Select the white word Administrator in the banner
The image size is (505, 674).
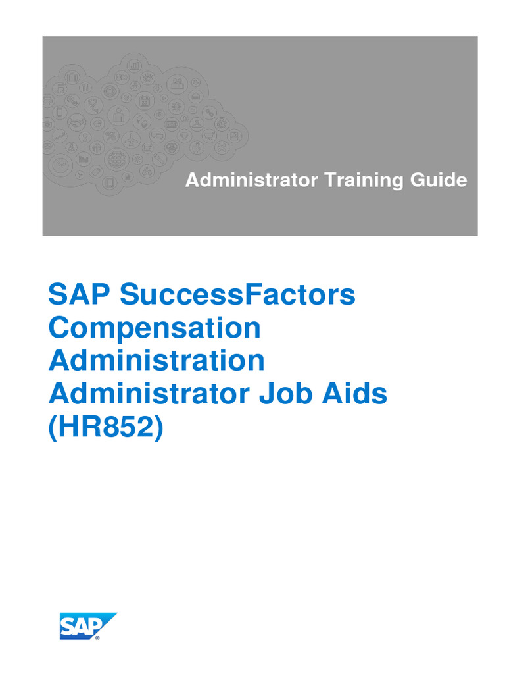point(252,180)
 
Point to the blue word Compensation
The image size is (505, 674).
point(155,327)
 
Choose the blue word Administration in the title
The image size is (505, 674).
point(156,360)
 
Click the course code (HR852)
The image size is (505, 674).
point(105,426)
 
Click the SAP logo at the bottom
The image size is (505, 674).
point(88,626)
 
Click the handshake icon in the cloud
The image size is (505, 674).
point(77,122)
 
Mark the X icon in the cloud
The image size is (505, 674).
point(221,147)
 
